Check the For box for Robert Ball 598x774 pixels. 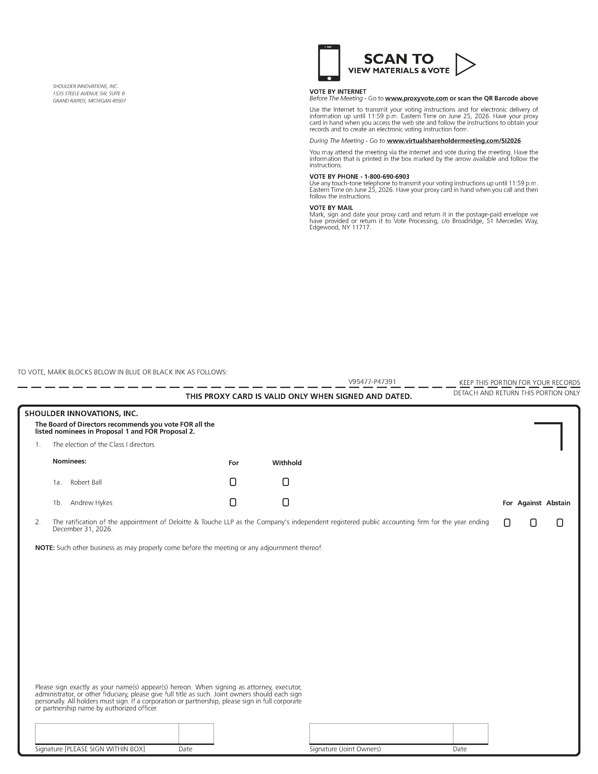click(233, 482)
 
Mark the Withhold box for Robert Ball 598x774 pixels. click(286, 482)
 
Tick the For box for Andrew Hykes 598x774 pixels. click(233, 502)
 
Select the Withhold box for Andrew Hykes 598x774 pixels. click(286, 502)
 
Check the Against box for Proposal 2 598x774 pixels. click(533, 523)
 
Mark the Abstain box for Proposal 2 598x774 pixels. click(560, 523)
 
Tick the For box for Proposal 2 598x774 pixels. click(507, 523)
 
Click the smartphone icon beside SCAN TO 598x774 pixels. click(329, 63)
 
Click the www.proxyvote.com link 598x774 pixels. click(417, 98)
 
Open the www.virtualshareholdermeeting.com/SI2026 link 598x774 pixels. click(454, 141)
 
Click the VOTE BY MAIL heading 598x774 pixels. click(331, 208)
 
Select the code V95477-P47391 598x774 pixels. click(372, 382)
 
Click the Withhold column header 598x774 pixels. click(287, 463)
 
